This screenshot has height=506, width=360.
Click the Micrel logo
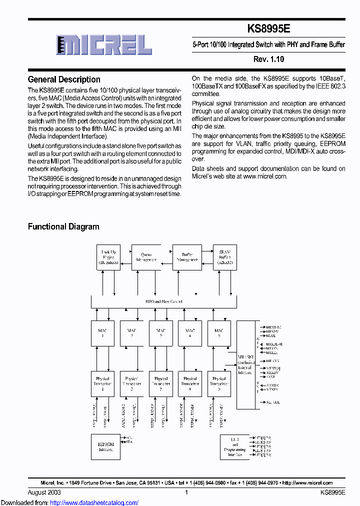pos(104,45)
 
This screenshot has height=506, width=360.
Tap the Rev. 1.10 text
pos(268,59)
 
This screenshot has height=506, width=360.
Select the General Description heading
pos(64,79)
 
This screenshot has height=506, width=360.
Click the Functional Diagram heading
pos(63,226)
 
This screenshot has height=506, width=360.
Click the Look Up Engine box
pos(108,257)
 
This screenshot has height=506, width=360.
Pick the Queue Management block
pos(146,257)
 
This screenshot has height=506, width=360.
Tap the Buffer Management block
pos(187,257)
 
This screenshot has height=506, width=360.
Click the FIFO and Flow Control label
pos(163,301)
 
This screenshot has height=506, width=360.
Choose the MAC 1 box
pos(102,333)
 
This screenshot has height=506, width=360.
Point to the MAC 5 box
pos(219,333)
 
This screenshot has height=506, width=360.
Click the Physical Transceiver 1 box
pos(102,384)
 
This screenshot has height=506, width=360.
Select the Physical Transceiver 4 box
pos(190,384)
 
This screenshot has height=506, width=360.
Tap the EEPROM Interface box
pos(105,447)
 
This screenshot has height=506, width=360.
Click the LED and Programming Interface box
pos(235,447)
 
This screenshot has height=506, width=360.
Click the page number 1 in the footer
pos(186,492)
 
